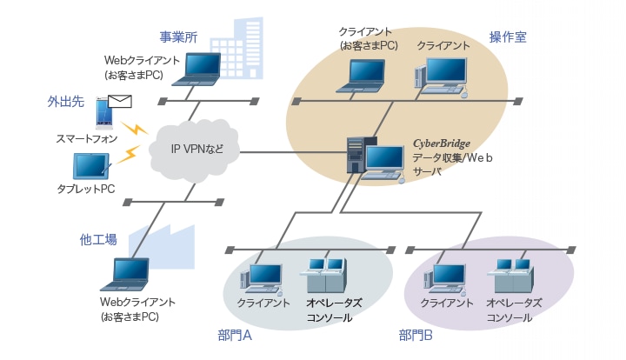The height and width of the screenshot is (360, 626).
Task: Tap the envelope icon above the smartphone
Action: click(x=121, y=102)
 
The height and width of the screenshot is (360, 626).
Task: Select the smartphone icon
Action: click(x=103, y=112)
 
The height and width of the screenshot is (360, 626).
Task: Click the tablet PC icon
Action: click(x=90, y=165)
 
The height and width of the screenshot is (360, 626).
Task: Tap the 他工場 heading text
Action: click(x=97, y=238)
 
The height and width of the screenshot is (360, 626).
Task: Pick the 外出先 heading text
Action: click(x=64, y=102)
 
